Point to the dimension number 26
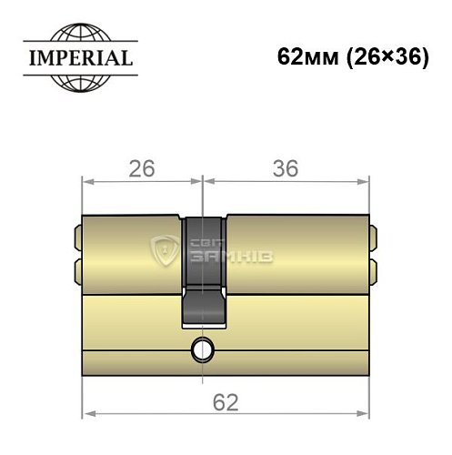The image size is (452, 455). point(139,169)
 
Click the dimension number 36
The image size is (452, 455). point(285,169)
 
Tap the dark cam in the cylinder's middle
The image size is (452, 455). point(206,268)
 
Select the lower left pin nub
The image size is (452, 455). point(73,270)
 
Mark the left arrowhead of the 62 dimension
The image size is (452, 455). point(87,416)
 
